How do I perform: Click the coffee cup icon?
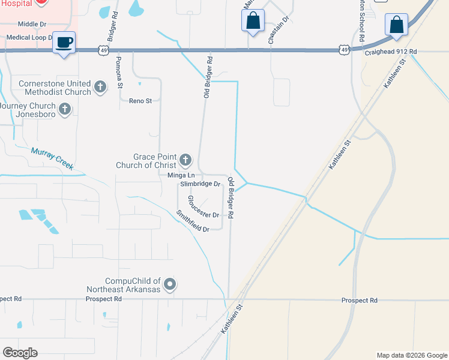click(64, 43)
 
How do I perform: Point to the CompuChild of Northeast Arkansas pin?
click(170, 284)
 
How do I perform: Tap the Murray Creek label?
click(52, 159)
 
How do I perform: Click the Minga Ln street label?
click(181, 175)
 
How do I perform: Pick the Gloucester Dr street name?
click(202, 207)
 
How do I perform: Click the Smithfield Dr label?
click(192, 221)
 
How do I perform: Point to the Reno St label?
click(140, 101)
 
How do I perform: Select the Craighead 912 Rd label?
click(390, 53)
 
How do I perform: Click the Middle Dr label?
click(32, 24)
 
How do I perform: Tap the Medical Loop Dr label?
click(29, 37)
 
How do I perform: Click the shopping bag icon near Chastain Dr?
click(253, 21)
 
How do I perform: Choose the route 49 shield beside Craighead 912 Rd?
click(343, 51)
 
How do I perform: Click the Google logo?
click(20, 353)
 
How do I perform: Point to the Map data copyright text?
click(411, 355)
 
